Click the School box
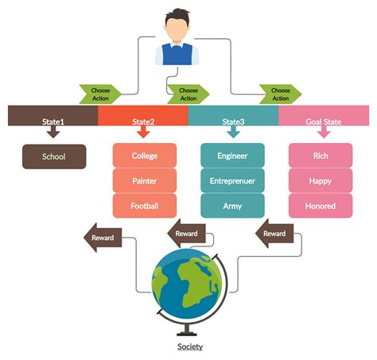tap(54, 157)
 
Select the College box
tap(145, 156)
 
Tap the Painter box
tap(145, 180)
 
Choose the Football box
tap(145, 206)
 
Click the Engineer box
tap(232, 156)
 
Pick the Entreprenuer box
tap(232, 180)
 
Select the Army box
tap(232, 206)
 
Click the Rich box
tap(320, 156)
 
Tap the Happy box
tap(320, 180)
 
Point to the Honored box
tap(320, 206)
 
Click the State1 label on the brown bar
tap(53, 122)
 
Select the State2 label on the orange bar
tap(143, 122)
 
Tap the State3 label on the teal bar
tap(234, 122)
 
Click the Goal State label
tap(324, 122)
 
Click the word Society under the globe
tap(189, 346)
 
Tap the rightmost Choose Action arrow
tap(281, 95)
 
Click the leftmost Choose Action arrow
tap(100, 95)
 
